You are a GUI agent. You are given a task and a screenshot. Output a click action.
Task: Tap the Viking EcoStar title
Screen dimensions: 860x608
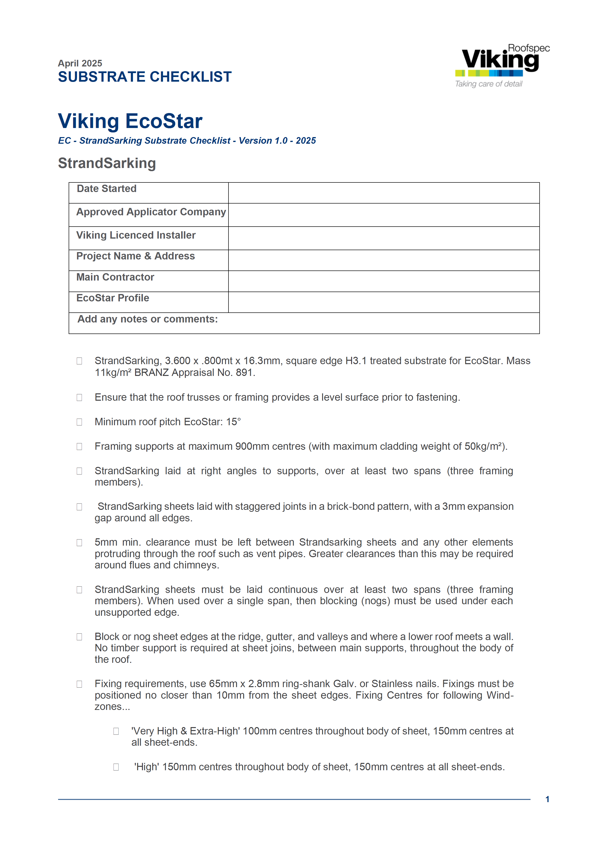point(130,121)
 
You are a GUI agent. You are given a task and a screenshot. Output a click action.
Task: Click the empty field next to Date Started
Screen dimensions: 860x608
point(383,193)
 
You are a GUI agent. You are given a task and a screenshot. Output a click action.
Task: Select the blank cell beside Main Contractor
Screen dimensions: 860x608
point(383,281)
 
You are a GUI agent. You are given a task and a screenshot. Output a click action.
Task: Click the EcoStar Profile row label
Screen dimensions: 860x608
point(113,298)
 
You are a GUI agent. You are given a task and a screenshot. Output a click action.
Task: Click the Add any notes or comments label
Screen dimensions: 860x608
point(148,319)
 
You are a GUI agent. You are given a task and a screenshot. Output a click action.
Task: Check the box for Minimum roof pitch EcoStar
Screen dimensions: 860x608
point(79,422)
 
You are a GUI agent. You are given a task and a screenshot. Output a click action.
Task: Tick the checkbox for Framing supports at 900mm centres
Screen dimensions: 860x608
point(79,447)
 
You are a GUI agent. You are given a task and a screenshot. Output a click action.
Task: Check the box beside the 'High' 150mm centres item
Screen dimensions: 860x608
point(116,767)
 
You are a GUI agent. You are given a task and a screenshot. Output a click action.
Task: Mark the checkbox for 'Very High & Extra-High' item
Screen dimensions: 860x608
point(116,731)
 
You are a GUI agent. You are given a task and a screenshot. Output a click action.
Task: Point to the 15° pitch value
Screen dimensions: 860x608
point(233,422)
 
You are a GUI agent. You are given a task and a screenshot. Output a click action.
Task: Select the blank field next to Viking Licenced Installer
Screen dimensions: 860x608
point(383,238)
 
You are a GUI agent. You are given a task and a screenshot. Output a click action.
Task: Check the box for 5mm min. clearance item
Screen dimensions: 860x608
point(79,543)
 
